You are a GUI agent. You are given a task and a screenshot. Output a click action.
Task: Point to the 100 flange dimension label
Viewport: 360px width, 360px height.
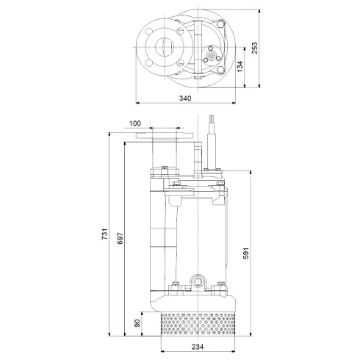click(134, 124)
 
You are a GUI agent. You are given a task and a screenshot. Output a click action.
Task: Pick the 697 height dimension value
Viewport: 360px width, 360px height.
click(120, 240)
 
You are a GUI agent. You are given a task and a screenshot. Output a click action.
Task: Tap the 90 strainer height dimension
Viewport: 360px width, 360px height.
click(136, 323)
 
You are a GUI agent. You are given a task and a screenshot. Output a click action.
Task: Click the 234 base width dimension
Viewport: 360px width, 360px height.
click(195, 347)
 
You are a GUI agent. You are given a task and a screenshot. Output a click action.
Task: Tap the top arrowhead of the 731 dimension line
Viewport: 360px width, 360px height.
click(110, 134)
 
